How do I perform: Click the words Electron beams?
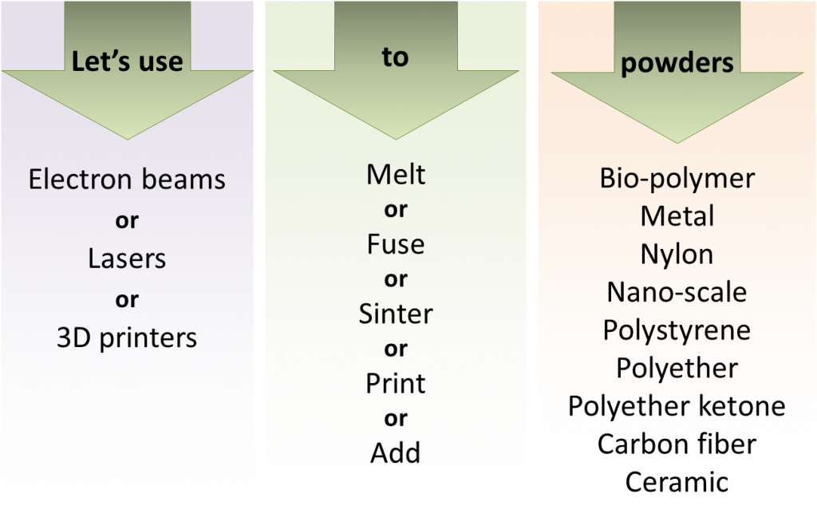coord(127,180)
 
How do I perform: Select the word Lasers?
coord(127,259)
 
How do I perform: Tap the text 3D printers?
coord(127,338)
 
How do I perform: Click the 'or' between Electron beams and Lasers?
coord(127,221)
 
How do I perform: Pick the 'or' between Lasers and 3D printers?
coord(127,300)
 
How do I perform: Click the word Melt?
coord(396,175)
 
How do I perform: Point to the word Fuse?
coord(396,244)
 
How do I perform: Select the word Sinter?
coord(396,314)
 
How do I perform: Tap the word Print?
coord(396,384)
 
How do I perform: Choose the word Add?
coord(396,452)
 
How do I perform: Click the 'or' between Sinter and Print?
coord(396,349)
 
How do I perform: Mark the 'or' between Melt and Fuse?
coord(396,210)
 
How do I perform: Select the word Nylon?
coord(677,255)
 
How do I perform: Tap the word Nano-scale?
coord(677,292)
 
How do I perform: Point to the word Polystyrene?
coord(677,331)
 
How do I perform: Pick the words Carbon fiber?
coord(677,444)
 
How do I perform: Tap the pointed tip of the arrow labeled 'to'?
coord(396,139)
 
